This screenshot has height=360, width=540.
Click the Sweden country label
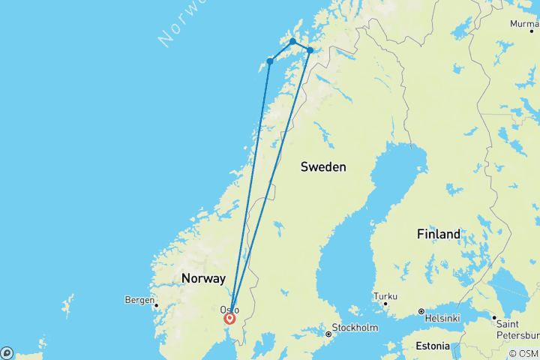[323, 166]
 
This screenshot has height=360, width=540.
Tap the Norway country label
[202, 278]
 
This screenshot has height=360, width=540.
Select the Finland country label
[439, 235]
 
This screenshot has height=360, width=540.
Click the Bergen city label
[139, 300]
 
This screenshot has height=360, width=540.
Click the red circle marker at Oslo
[229, 318]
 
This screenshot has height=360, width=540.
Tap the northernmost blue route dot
[292, 41]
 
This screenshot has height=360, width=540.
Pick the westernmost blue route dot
[270, 61]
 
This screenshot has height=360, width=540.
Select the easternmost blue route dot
[310, 50]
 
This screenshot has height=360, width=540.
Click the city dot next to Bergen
[156, 305]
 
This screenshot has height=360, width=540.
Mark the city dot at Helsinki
[421, 311]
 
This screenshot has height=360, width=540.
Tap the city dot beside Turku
[385, 303]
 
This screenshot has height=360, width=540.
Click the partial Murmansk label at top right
[523, 24]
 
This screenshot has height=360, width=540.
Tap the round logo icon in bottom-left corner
[7, 352]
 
